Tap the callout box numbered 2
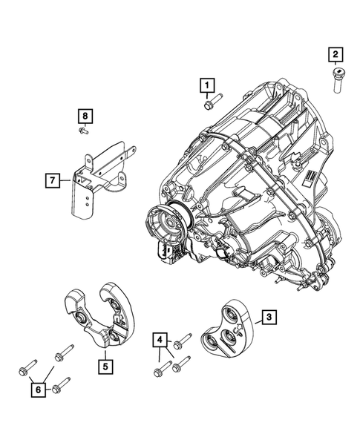coord(336,53)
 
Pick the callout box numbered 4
coord(160,341)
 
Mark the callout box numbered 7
coord(53,180)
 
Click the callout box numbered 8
coord(86,116)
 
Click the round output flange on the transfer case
coord(168,226)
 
